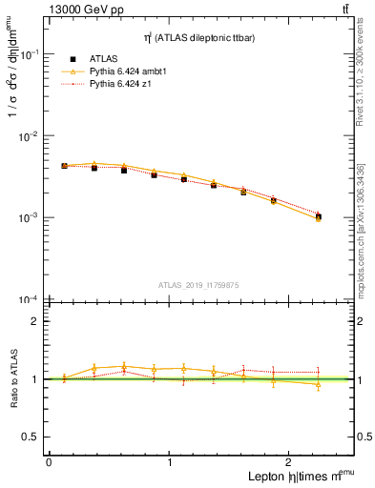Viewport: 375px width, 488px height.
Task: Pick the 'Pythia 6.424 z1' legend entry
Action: pos(119,85)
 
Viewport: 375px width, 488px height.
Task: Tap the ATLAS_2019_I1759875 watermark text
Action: pos(200,284)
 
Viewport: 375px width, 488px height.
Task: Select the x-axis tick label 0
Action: pos(49,461)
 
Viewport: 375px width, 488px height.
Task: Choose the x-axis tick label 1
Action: pos(170,461)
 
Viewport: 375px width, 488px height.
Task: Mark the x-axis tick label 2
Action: pos(291,461)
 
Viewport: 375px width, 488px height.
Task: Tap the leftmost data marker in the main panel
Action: pos(64,166)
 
